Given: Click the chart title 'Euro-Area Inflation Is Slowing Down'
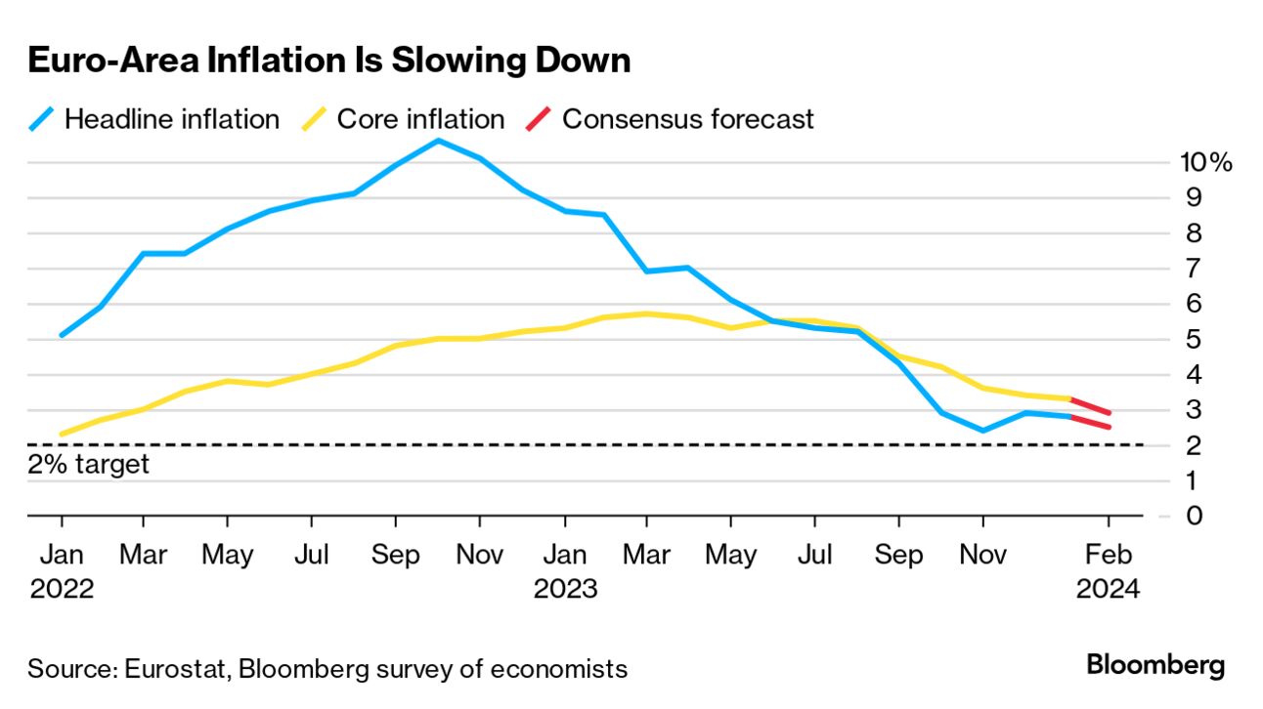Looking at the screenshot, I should point(328,61).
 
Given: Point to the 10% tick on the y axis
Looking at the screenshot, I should point(1205,162).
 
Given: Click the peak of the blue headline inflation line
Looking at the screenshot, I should point(438,141).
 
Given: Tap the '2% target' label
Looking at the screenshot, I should point(89,463).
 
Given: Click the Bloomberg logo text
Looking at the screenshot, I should point(1155,666).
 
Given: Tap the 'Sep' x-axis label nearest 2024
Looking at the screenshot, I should point(898,555).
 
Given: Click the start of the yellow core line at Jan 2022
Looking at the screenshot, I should point(62,434).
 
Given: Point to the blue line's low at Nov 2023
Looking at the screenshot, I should point(982,430).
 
